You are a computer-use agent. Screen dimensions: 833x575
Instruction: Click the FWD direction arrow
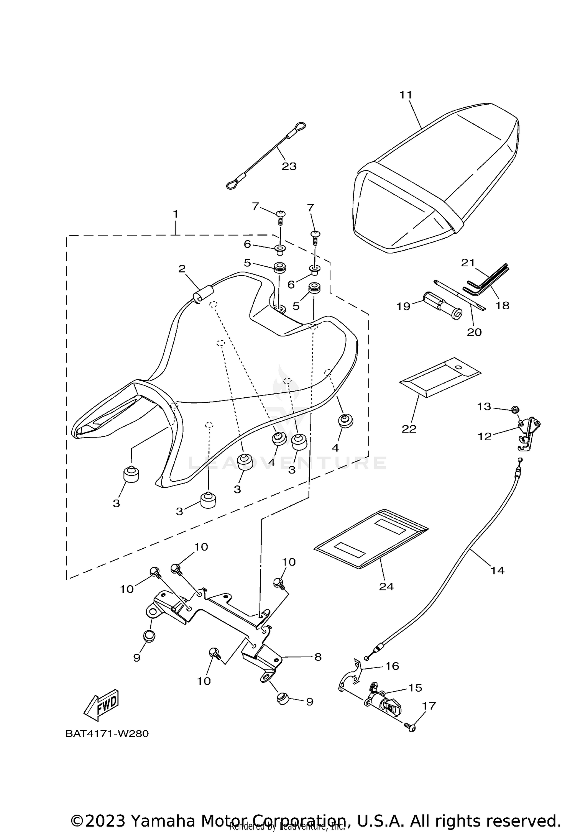102,704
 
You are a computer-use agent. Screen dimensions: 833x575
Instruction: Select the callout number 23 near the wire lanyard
289,166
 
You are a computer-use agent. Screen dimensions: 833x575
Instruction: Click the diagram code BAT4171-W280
107,734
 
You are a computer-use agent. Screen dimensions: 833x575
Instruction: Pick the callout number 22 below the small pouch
409,429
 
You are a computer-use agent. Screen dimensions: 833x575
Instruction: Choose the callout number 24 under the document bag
386,587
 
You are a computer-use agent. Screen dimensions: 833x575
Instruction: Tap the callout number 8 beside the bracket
318,657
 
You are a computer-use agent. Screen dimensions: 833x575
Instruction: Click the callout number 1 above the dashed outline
176,214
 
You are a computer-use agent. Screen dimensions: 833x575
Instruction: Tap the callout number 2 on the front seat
182,269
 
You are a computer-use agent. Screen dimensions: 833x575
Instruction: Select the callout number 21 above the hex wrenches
468,263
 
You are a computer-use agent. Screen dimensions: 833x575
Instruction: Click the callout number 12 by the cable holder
485,436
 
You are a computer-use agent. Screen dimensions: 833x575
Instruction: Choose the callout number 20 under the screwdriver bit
474,332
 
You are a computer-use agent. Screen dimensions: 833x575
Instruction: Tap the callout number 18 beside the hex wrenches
503,305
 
